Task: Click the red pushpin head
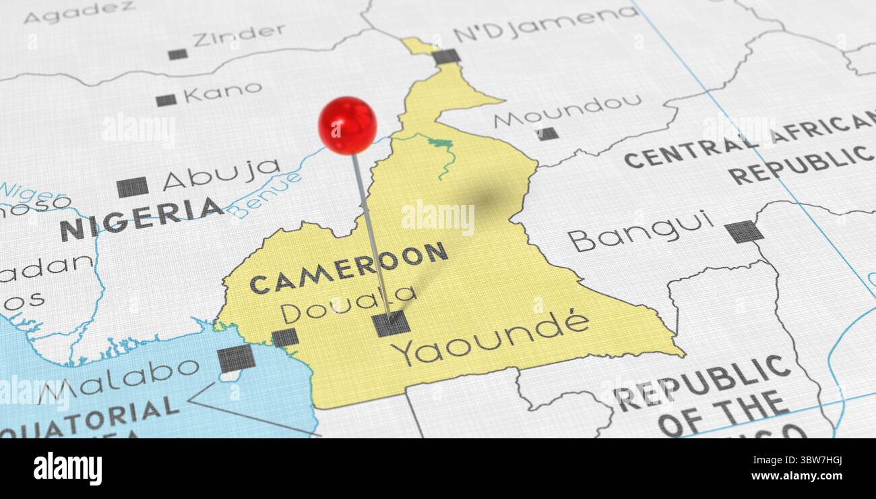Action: pyautogui.click(x=347, y=125)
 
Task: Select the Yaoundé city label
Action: pyautogui.click(x=491, y=340)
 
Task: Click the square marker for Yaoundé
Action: pyautogui.click(x=391, y=324)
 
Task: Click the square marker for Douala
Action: pyautogui.click(x=285, y=337)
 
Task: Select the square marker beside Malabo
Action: pyautogui.click(x=236, y=358)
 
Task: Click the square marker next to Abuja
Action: pyautogui.click(x=132, y=187)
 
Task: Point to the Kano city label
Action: pyautogui.click(x=222, y=92)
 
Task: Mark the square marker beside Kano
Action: pyautogui.click(x=166, y=100)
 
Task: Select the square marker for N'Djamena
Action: pyautogui.click(x=446, y=57)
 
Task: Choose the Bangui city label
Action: pyautogui.click(x=640, y=230)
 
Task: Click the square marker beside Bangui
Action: pyautogui.click(x=744, y=231)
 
